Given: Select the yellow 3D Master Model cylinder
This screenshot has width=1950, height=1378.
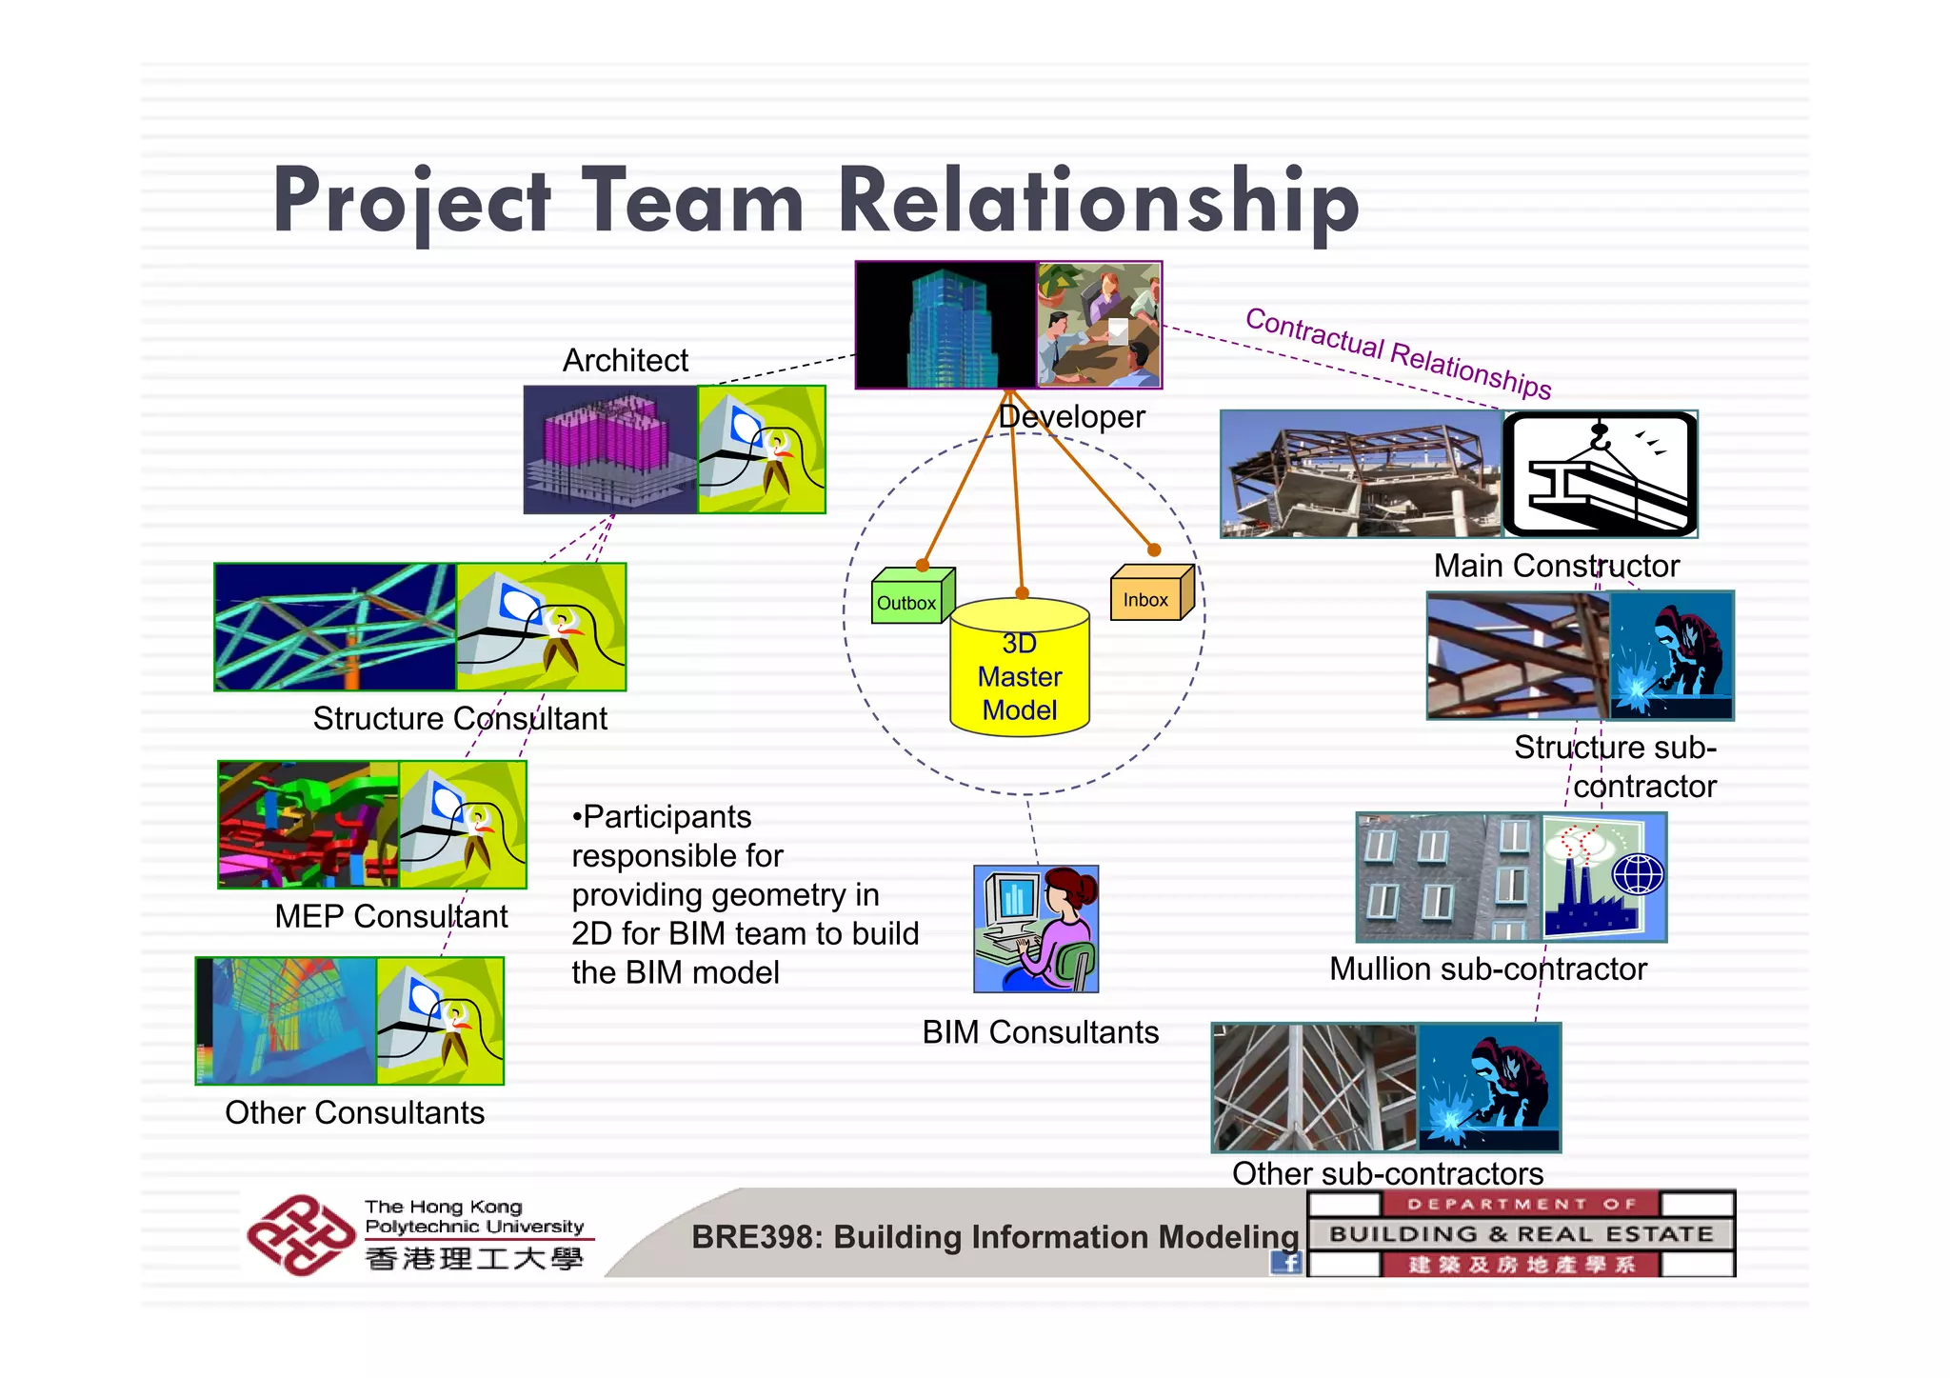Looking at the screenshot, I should tap(1020, 672).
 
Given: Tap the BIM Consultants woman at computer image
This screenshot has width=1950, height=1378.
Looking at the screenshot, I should tap(1036, 929).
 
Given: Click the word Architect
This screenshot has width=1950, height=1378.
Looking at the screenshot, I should tap(625, 361).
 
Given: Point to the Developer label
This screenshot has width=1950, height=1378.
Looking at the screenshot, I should tap(1072, 417).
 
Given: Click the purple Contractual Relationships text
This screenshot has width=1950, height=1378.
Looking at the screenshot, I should tap(1398, 352).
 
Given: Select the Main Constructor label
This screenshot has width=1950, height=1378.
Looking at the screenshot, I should tap(1556, 566).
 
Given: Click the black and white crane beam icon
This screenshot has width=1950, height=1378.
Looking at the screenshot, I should tap(1600, 474).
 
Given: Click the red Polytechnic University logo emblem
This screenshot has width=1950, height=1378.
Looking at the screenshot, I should tap(299, 1235).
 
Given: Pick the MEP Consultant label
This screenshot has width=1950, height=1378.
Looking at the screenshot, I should tap(390, 916).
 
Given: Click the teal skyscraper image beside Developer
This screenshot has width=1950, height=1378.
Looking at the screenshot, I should tap(946, 326).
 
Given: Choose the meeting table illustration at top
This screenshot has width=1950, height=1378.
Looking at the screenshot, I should tap(1099, 326).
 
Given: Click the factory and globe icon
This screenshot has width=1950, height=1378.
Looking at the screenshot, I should tap(1603, 877).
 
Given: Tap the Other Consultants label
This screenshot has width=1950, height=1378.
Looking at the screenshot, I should tap(354, 1112).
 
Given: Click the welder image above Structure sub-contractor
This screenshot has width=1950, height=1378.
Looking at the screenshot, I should tap(1671, 655).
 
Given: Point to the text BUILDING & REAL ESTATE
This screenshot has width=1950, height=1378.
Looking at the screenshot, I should tap(1521, 1234).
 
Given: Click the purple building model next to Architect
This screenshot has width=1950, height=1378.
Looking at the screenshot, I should tap(610, 449).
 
